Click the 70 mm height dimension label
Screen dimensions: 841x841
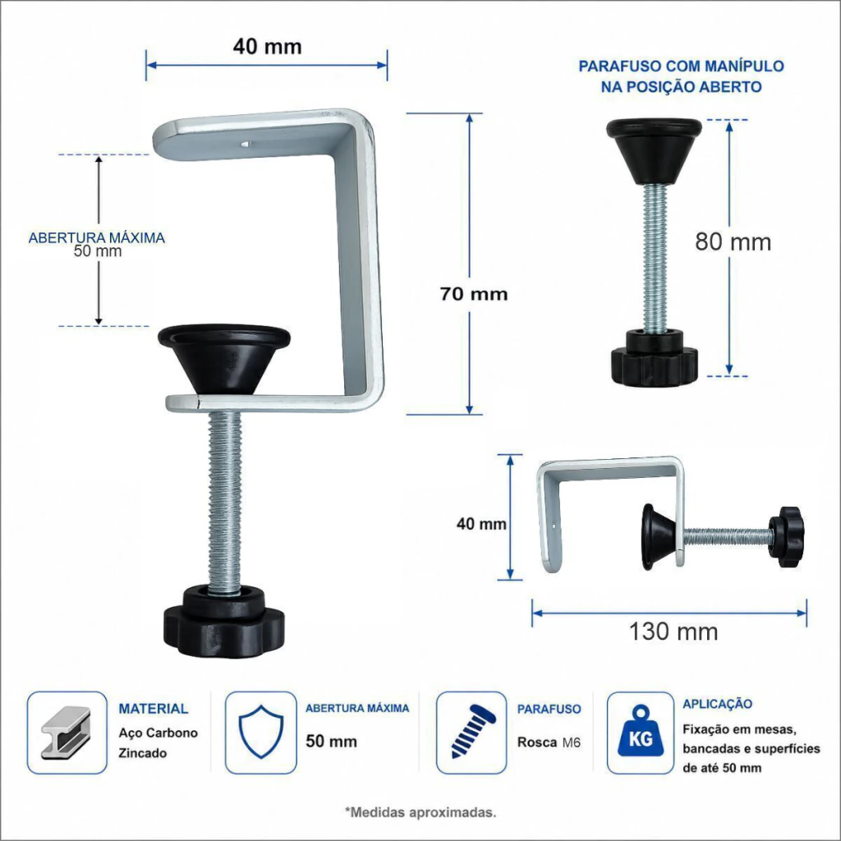(x=474, y=294)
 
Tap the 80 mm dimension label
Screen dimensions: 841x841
(x=733, y=242)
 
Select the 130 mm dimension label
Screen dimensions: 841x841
(x=673, y=632)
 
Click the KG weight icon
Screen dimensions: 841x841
(x=641, y=733)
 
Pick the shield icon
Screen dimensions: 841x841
(x=260, y=732)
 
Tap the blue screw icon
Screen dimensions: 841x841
(x=472, y=732)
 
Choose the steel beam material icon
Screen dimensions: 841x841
(x=67, y=733)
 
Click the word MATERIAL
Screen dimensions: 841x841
(x=154, y=709)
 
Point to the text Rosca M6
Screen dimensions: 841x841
(x=549, y=742)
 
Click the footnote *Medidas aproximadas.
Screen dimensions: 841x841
(x=420, y=812)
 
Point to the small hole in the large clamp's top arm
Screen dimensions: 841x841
(x=245, y=144)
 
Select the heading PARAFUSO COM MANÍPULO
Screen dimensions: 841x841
(x=681, y=66)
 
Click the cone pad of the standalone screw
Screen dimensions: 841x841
(x=655, y=151)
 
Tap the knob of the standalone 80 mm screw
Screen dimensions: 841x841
(x=655, y=357)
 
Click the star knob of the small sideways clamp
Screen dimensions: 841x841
(x=786, y=537)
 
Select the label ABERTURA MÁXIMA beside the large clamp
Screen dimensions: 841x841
(x=97, y=237)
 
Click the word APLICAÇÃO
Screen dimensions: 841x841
(x=717, y=704)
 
